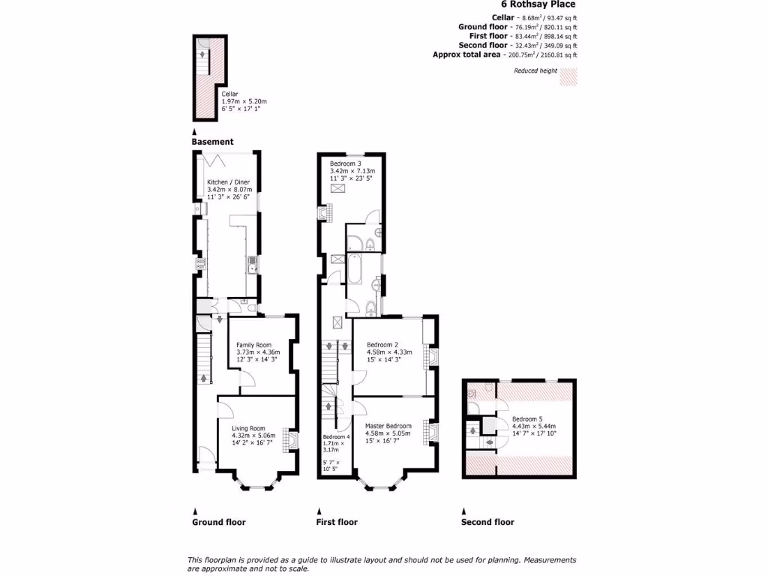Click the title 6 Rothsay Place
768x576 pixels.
(538, 4)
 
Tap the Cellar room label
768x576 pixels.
(229, 94)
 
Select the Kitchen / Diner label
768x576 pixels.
(229, 182)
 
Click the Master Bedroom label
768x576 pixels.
(388, 425)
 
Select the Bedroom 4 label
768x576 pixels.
(336, 437)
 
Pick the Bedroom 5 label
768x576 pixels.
(527, 418)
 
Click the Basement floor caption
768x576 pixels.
(212, 142)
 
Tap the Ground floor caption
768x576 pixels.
(218, 522)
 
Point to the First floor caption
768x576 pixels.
(337, 522)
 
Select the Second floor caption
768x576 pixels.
(487, 522)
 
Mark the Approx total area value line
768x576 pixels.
(505, 55)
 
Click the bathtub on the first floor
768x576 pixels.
(354, 267)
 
